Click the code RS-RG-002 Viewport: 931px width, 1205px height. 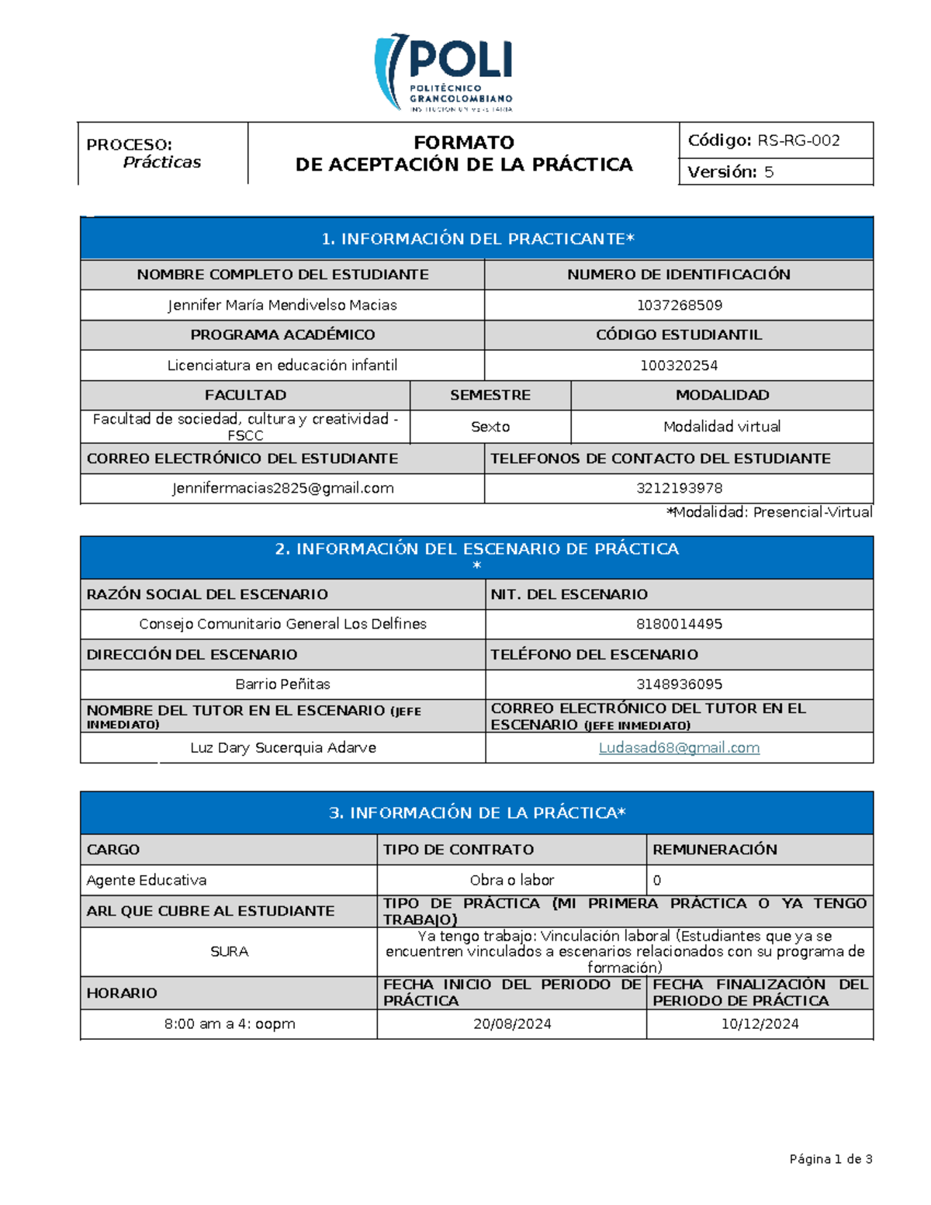point(798,140)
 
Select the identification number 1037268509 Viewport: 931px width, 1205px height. point(679,305)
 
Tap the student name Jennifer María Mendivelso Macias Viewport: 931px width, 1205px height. point(282,305)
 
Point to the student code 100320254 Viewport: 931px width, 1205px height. point(679,365)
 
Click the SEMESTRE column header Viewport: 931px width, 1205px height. point(490,395)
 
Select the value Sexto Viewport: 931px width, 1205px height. point(490,427)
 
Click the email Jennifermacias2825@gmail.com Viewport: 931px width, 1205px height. point(282,488)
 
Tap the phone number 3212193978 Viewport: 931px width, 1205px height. point(679,488)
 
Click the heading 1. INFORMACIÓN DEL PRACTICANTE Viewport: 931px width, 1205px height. point(477,239)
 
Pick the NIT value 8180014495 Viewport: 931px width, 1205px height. point(679,624)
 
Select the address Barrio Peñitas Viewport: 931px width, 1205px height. point(282,684)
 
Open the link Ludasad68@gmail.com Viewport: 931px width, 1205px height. point(679,748)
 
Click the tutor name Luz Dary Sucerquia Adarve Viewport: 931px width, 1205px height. point(282,748)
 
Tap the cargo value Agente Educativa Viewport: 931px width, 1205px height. point(147,880)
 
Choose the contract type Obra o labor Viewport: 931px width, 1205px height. point(511,880)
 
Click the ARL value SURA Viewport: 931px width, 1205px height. point(229,951)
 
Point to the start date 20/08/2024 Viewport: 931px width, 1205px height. point(512,1024)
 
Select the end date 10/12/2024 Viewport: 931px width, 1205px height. point(760,1024)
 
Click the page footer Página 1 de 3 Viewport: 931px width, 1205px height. point(830,1159)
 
